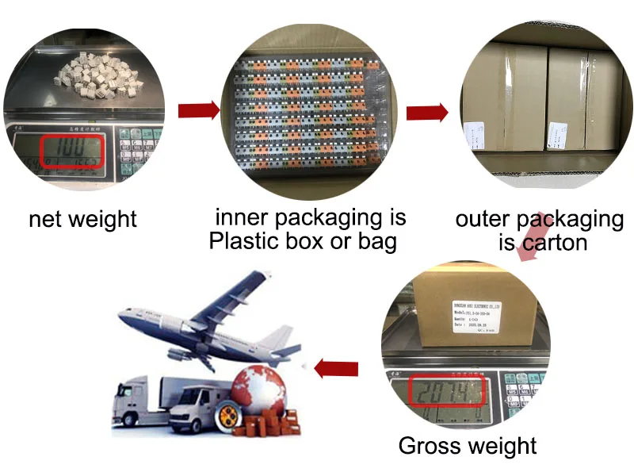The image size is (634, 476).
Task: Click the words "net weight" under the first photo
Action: (x=82, y=219)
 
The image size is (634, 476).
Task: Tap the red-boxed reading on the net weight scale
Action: (x=72, y=151)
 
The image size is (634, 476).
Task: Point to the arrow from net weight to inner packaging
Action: (x=198, y=110)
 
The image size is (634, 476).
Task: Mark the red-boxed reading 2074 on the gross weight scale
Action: (x=445, y=392)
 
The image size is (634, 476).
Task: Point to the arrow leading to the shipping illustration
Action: (x=336, y=367)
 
